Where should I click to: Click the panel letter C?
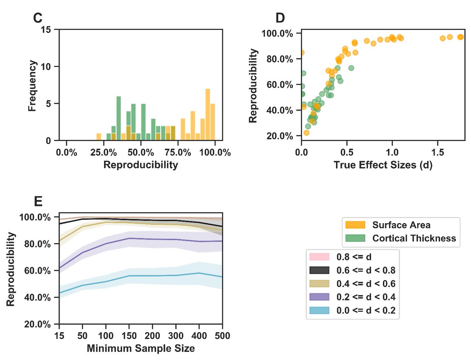pos(38,18)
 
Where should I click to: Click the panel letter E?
pos(38,202)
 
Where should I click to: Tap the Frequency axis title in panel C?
pos(33,85)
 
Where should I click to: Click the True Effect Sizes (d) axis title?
pos(383,165)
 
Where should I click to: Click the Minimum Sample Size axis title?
pos(141,348)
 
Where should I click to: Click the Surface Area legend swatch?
pos(355,225)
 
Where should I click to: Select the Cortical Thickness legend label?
pos(414,238)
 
